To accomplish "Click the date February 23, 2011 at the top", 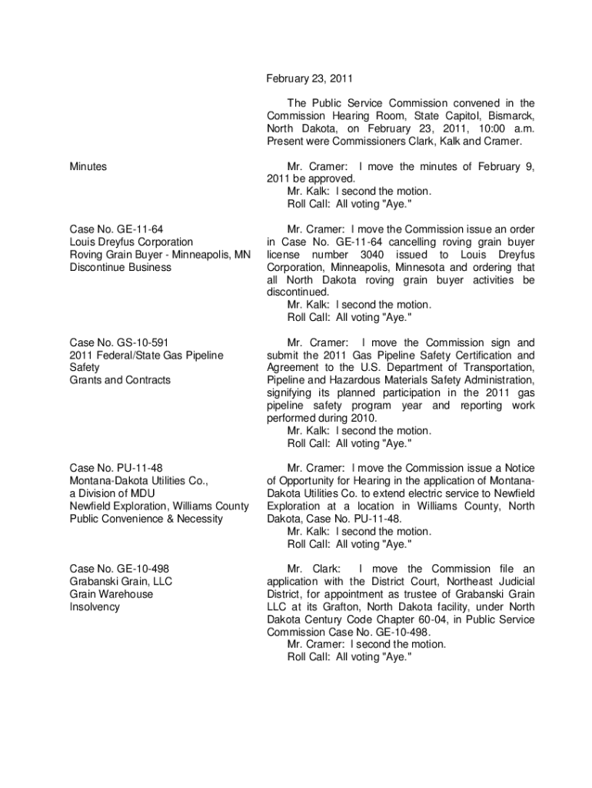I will point(310,78).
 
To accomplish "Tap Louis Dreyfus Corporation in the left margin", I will point(131,242).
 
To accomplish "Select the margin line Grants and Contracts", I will point(120,380).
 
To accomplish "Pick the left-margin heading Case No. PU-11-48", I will point(116,468).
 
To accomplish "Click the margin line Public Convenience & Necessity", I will point(146,519).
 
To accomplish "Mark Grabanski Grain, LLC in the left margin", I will point(121,582).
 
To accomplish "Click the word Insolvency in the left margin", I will point(95,607).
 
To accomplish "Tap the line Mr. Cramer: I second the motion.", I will point(366,644).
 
